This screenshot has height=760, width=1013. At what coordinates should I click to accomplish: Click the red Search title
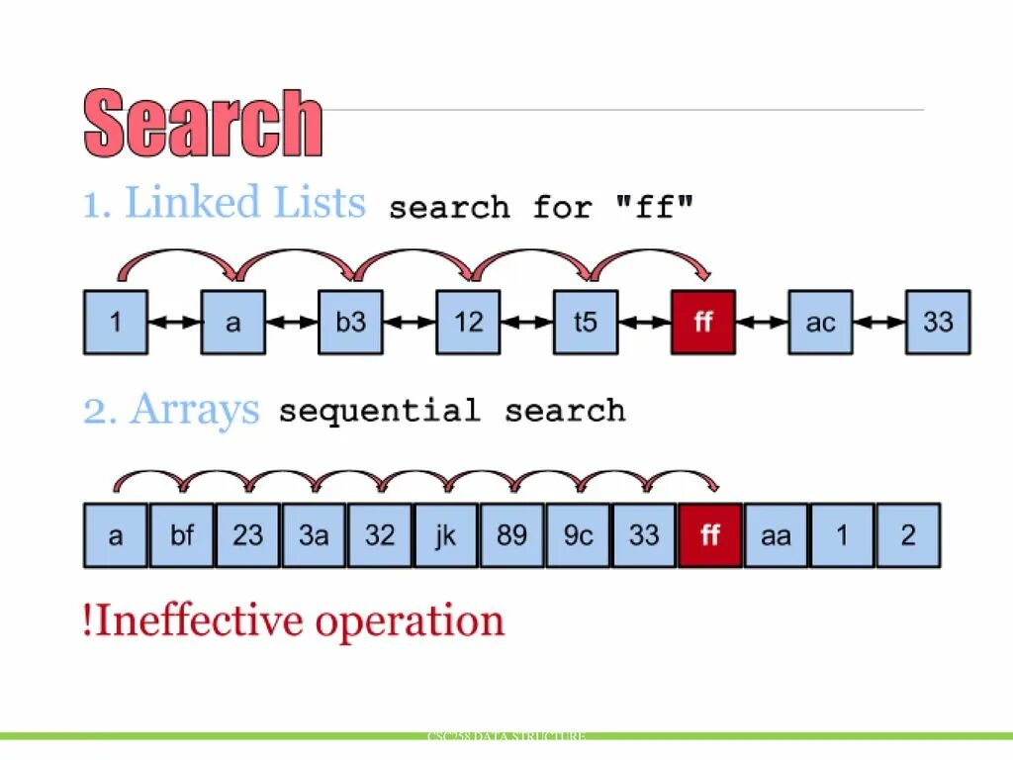coord(203,124)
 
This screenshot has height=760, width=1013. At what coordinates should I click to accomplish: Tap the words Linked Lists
coord(244,203)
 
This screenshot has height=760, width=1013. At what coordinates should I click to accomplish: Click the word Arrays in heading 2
coord(195,409)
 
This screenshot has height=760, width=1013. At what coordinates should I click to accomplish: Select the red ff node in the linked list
coord(702,322)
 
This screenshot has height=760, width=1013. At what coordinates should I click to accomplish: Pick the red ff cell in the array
coord(709,535)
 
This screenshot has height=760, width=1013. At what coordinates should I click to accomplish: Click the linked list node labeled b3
coord(350,322)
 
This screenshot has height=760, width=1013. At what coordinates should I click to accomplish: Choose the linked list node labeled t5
coord(585,322)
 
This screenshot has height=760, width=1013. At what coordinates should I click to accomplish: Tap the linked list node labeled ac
coord(820,322)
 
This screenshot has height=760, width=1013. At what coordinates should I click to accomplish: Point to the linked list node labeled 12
coord(468,322)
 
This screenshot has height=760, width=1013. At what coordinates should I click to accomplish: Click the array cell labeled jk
coord(445,535)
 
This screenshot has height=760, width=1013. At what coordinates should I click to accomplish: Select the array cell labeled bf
coord(182,535)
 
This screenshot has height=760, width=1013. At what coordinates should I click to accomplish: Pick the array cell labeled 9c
coord(578,535)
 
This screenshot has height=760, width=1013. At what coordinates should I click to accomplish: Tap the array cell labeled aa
coord(776,535)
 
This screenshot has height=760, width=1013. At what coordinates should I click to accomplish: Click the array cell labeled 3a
coord(314,535)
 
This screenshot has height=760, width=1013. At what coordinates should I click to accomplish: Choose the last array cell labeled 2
coord(908,535)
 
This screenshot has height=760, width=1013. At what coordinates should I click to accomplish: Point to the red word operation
coord(410,621)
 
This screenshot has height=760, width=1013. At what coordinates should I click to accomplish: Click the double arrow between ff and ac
coord(762,322)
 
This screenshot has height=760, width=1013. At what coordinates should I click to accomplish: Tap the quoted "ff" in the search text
coord(654,207)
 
